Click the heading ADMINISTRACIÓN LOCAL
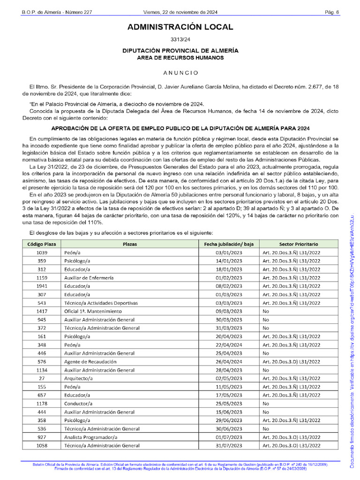(180, 27)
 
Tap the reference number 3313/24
(180, 40)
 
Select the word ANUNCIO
(180, 73)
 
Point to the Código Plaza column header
(42, 244)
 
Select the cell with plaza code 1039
(42, 253)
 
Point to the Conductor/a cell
(78, 404)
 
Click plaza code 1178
(42, 404)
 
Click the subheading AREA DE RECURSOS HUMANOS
(180, 58)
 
